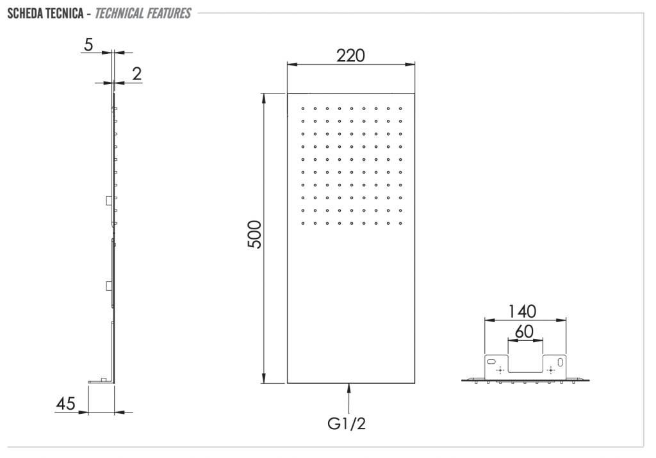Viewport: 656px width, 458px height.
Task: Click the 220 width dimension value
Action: click(350, 55)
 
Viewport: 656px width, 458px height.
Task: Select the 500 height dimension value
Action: click(254, 234)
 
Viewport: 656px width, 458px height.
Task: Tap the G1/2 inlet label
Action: click(347, 423)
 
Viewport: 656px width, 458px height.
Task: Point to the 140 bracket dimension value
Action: click(521, 311)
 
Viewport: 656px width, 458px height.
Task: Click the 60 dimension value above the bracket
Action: click(524, 332)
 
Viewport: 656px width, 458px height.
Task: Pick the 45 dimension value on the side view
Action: click(66, 404)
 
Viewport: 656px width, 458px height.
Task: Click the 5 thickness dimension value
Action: click(88, 44)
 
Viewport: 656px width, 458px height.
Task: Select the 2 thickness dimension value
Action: click(137, 74)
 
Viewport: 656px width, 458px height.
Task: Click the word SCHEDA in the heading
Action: click(25, 13)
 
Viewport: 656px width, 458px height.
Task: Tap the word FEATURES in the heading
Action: click(169, 13)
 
